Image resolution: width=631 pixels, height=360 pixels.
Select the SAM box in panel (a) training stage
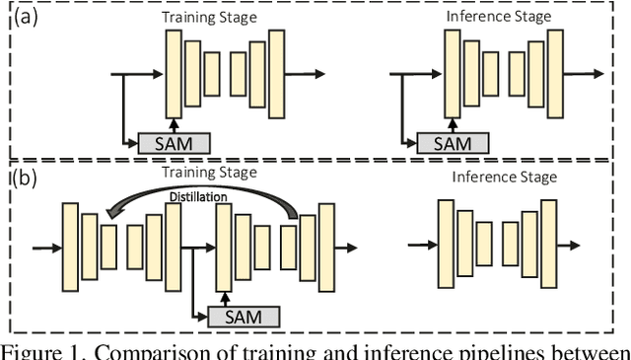pos(174,143)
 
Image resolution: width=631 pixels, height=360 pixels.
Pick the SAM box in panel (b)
pos(244,316)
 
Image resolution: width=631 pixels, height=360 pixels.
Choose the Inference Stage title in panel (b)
pos(505,178)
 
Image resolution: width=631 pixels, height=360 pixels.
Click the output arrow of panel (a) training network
pos(307,74)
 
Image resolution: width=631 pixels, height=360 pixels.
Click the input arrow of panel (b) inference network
pos(421,245)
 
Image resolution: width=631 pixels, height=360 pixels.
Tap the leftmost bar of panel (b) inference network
pos(447,245)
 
